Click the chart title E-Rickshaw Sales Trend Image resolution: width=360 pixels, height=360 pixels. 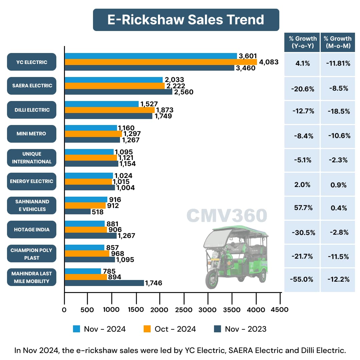[x=186, y=20]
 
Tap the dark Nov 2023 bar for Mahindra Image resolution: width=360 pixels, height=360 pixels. [x=104, y=283]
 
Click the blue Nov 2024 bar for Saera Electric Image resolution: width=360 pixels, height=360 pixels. [x=113, y=80]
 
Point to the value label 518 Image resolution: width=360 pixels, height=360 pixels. [x=98, y=212]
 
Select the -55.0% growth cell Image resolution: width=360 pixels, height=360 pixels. [x=302, y=280]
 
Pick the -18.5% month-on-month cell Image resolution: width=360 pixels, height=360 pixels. [x=337, y=111]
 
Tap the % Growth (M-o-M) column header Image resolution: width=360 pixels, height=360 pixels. [x=337, y=42]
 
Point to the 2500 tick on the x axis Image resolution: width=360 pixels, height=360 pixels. [x=184, y=310]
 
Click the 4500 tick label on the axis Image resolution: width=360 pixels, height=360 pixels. [x=279, y=310]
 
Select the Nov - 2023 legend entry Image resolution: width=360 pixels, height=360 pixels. [x=240, y=329]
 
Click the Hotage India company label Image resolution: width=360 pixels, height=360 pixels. [x=32, y=230]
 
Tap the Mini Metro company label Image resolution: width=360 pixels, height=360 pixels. [x=32, y=134]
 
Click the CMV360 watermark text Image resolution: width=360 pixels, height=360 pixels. [x=227, y=216]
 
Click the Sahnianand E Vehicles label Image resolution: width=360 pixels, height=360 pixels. [x=32, y=205]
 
